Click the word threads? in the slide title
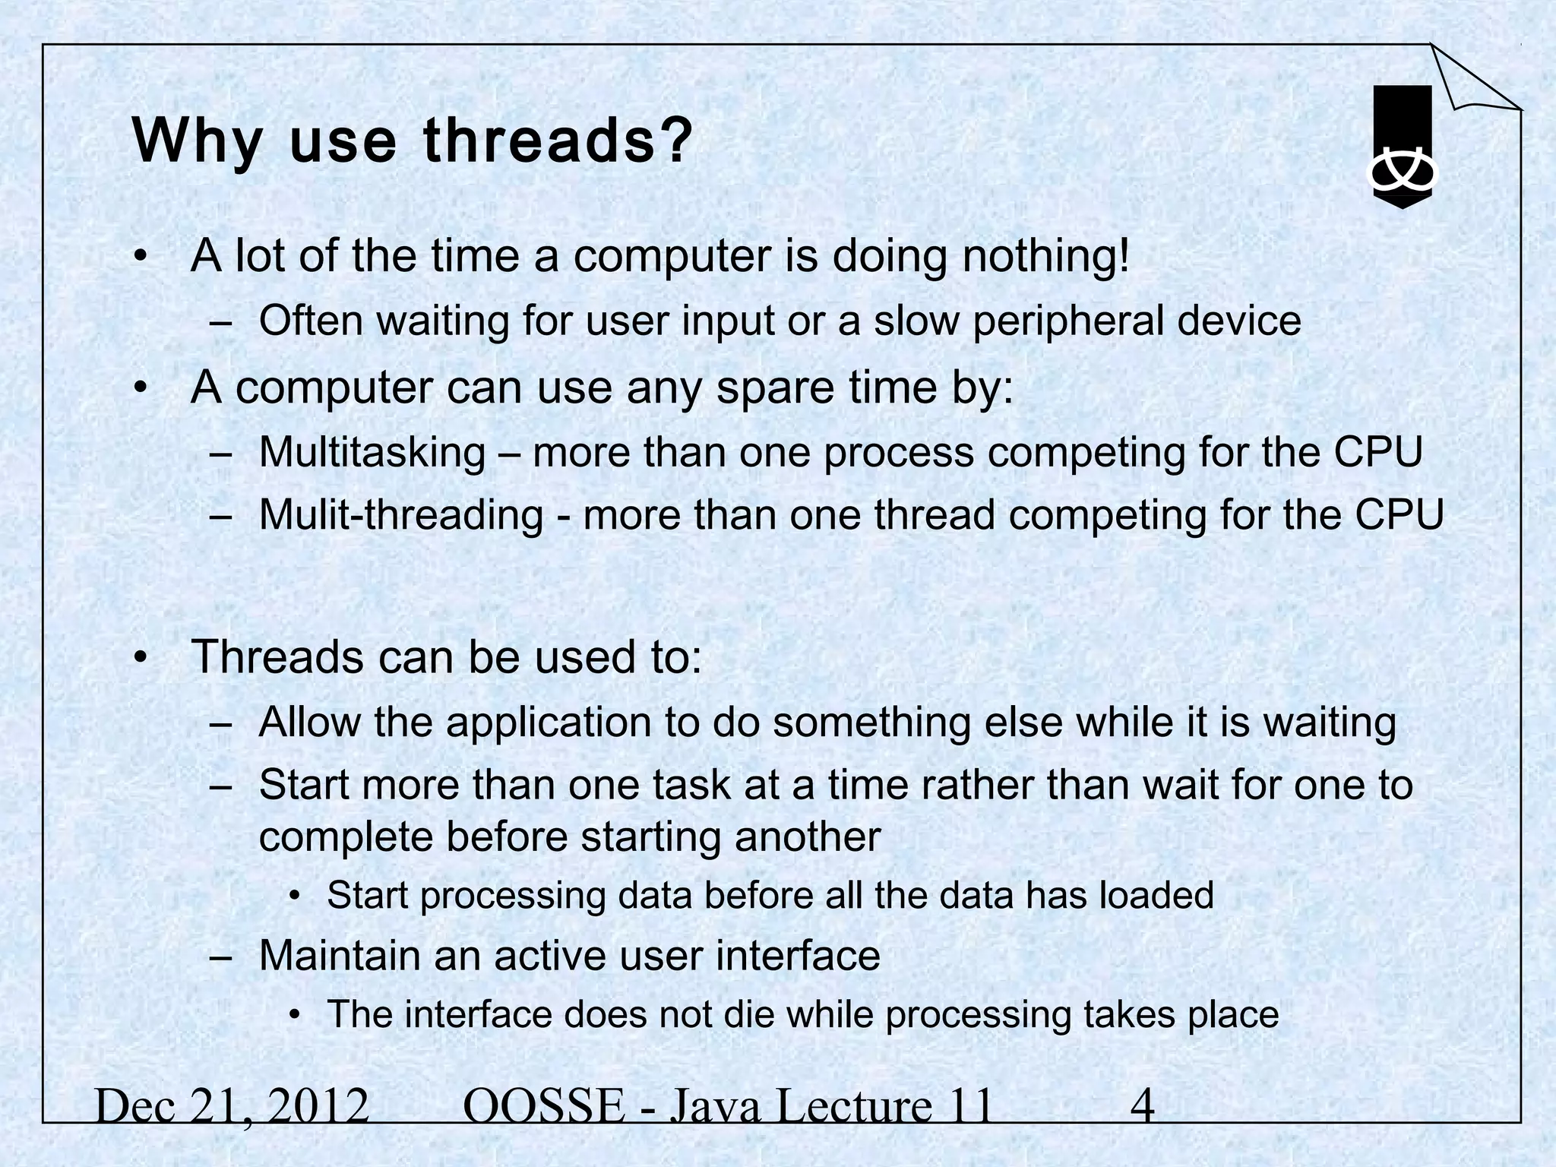point(558,141)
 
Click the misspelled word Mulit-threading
point(401,514)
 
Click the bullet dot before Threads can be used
point(139,657)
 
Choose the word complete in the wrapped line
point(346,837)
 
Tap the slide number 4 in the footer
point(1143,1105)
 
